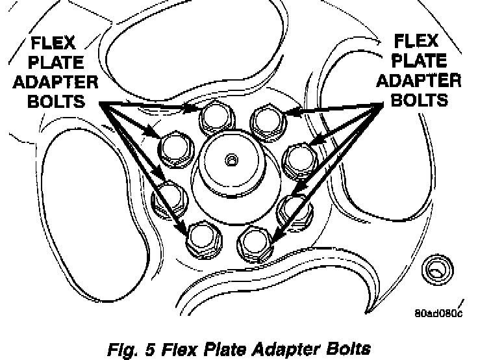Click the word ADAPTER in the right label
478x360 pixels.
[419, 82]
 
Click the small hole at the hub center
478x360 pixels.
[231, 158]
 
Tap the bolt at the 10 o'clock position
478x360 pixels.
[175, 148]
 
